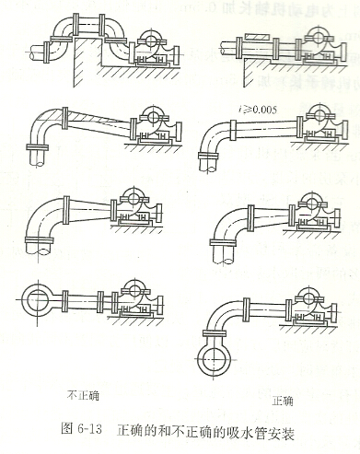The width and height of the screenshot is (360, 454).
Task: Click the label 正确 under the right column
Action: [284, 402]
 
